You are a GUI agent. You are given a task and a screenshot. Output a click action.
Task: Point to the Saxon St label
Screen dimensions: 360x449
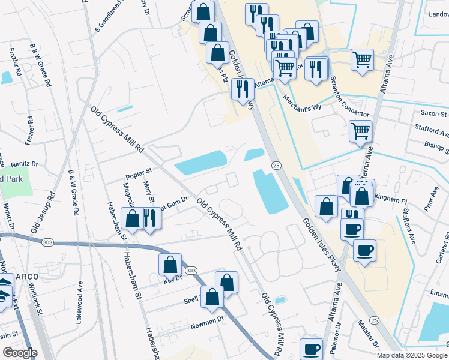tap(434, 113)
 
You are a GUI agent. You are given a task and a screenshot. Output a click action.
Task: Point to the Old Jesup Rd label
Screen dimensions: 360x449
tap(43, 212)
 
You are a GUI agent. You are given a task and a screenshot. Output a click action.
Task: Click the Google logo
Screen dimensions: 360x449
tap(19, 353)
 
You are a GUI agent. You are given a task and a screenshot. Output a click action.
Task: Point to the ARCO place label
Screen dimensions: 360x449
tap(26, 277)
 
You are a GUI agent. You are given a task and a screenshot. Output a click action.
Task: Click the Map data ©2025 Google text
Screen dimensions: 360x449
tap(412, 355)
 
